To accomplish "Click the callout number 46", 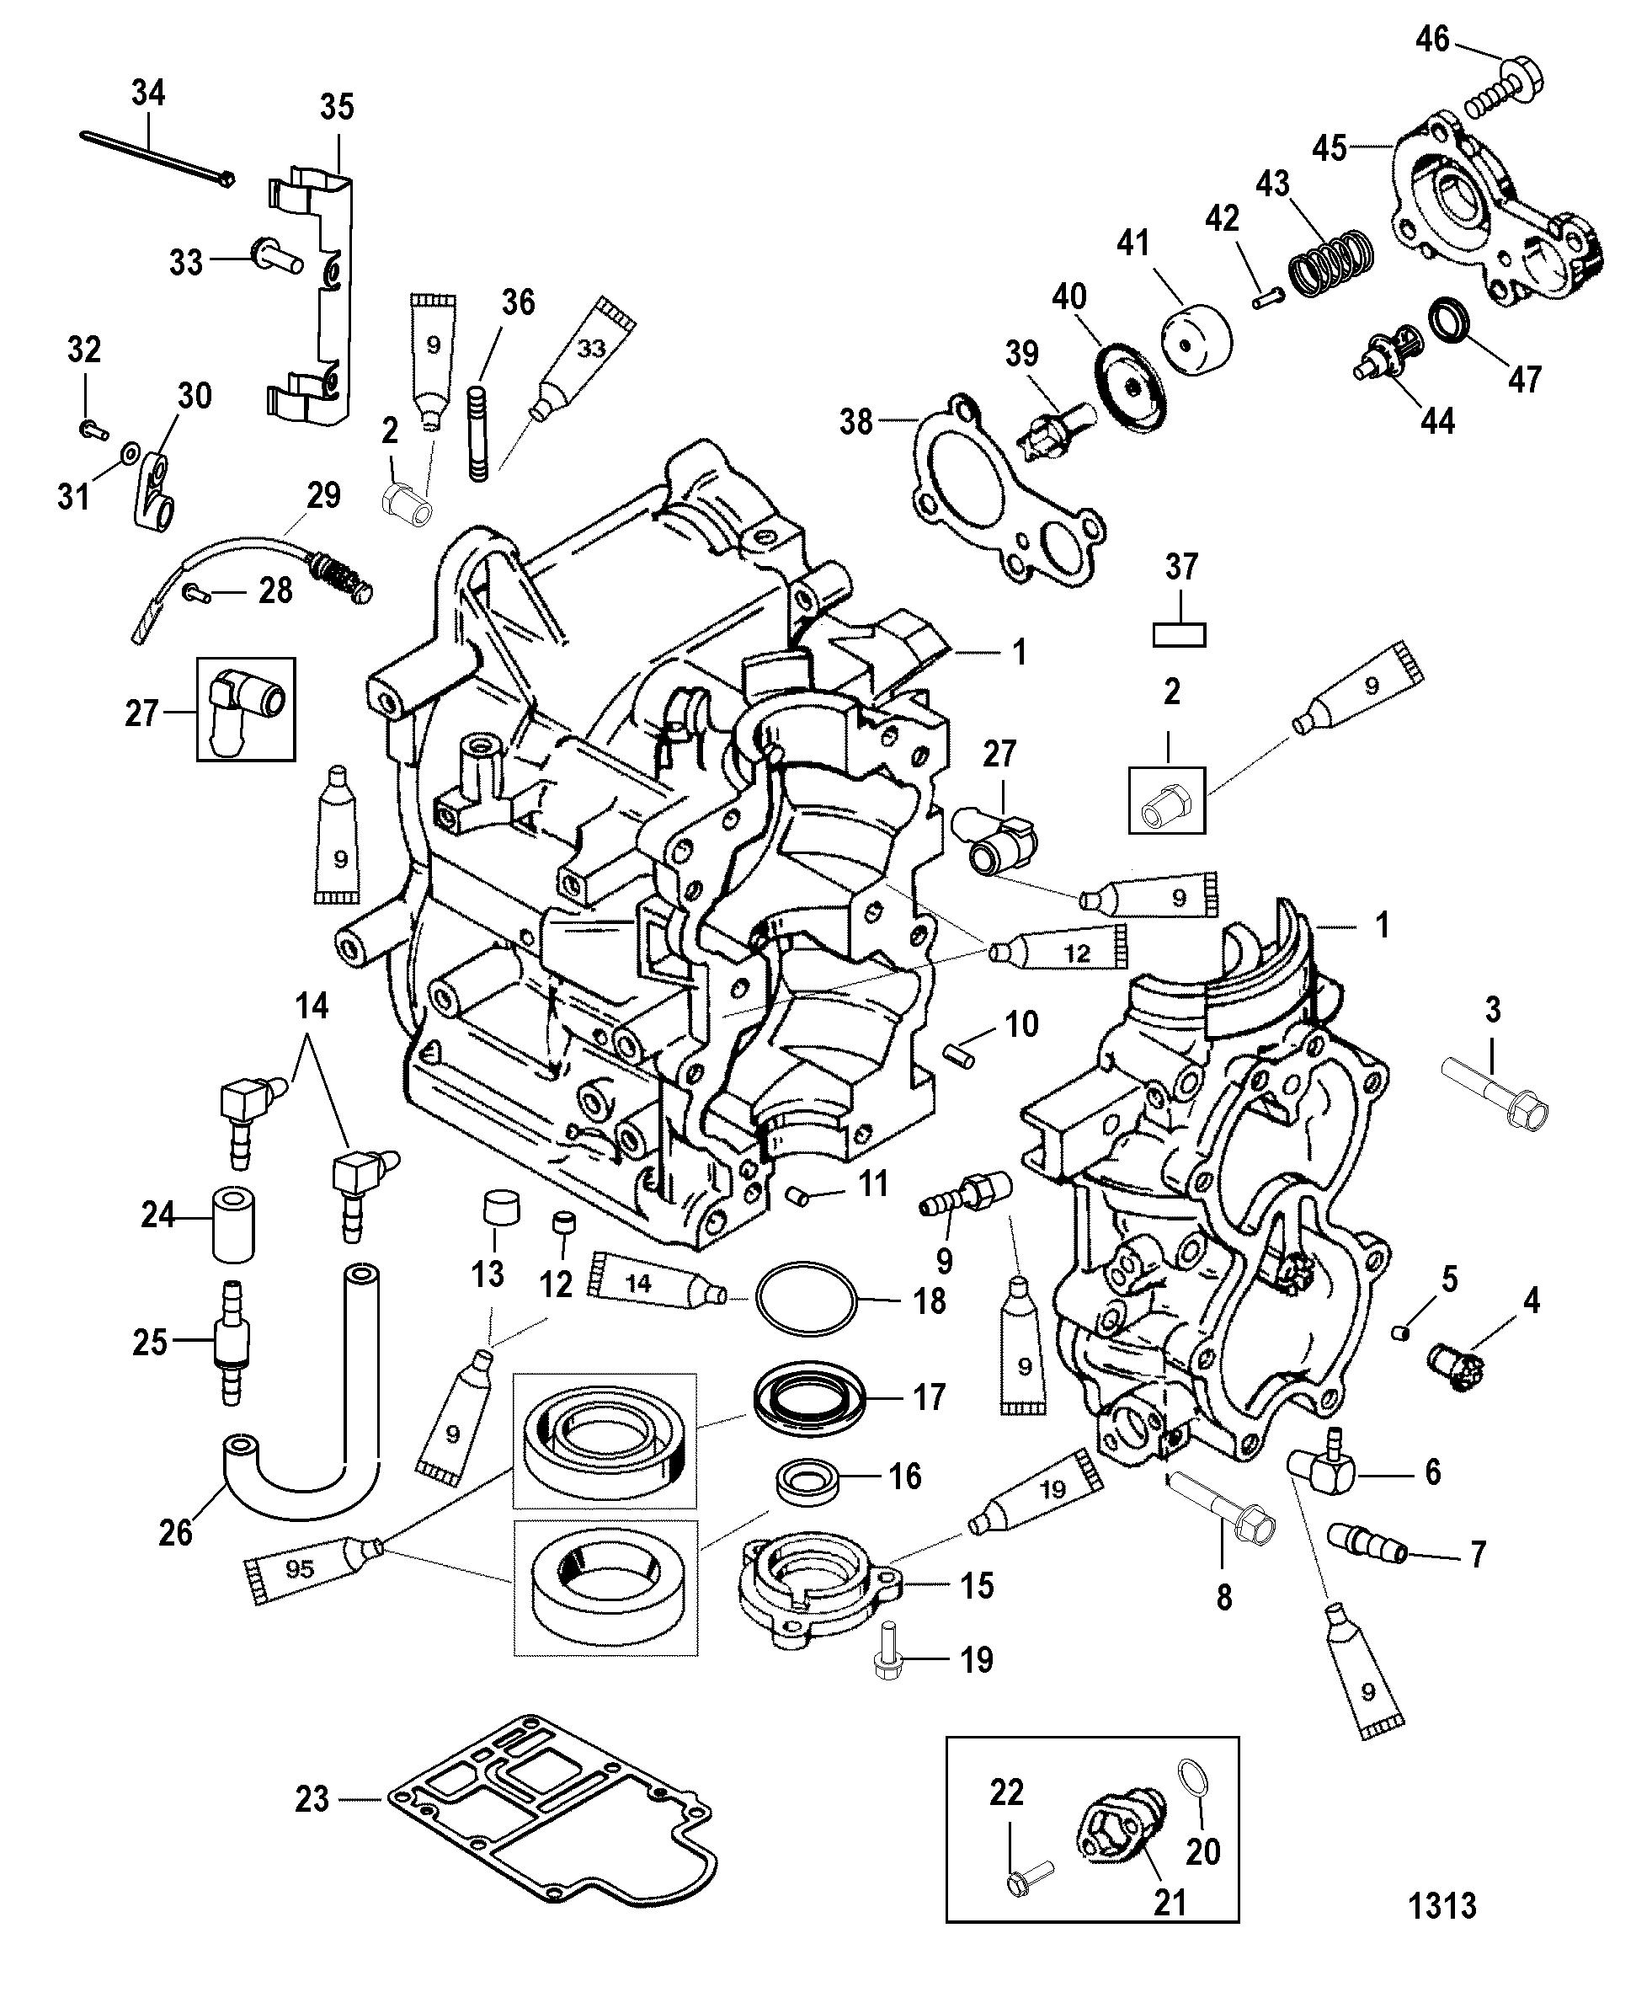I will [1432, 40].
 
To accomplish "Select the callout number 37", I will [1180, 567].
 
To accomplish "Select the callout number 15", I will [977, 1586].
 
